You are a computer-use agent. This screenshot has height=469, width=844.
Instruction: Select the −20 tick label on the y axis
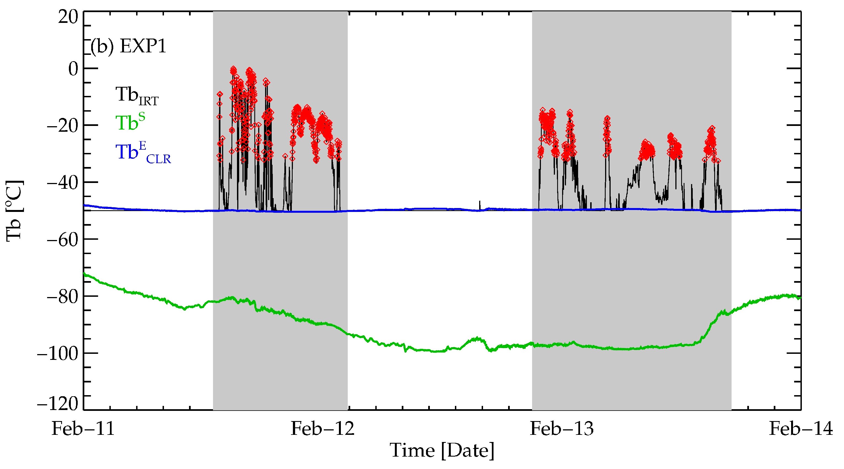tap(63, 126)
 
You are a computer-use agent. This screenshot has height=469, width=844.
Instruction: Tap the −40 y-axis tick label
tap(63, 182)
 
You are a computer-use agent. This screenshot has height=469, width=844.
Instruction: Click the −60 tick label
tap(63, 239)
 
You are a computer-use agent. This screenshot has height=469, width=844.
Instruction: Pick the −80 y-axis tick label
tap(63, 297)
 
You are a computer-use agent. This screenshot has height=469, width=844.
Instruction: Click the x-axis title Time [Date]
tap(442, 450)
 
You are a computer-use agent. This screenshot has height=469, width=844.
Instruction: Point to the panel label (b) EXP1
tap(128, 46)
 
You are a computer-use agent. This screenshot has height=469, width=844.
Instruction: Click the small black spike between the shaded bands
tap(480, 205)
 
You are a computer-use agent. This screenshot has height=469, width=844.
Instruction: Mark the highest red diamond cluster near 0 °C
tap(233, 70)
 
